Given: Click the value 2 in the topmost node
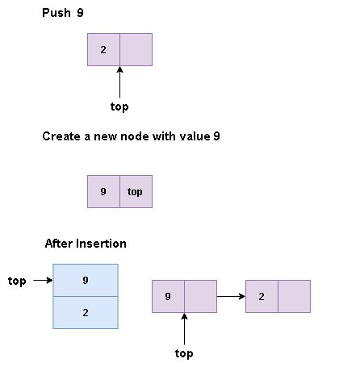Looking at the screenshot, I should [103, 50].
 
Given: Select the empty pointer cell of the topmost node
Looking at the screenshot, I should [136, 50].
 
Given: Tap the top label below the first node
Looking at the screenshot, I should [119, 106].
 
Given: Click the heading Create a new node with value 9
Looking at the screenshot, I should [131, 136].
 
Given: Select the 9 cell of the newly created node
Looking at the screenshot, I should [103, 192].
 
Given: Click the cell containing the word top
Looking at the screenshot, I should [136, 192].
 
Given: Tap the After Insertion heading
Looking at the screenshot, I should [86, 244].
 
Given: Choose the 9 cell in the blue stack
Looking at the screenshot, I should [86, 281].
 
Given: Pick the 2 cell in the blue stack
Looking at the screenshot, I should [86, 312].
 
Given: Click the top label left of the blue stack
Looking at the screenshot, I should [17, 281].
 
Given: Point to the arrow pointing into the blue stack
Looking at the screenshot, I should [43, 281].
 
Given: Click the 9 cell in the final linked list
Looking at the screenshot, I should [168, 296].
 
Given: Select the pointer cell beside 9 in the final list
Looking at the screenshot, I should [200, 296].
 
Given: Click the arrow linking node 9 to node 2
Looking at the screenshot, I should [231, 296].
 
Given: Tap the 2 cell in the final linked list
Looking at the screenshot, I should [262, 296].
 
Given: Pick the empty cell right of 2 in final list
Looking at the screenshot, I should [294, 296].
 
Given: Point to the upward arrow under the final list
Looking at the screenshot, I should [184, 328].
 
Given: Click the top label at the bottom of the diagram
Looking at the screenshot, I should [184, 353].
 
